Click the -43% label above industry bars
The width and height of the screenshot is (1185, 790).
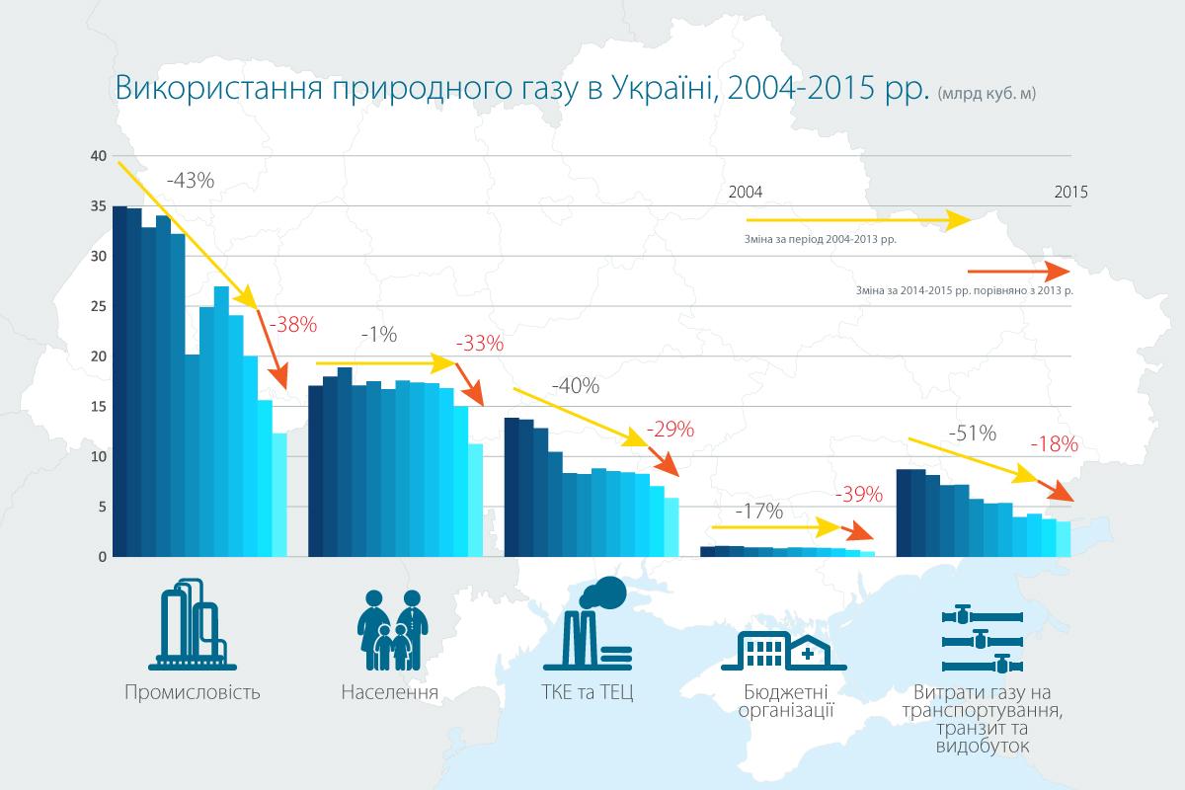pos(190,181)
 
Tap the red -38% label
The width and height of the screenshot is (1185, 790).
pos(293,323)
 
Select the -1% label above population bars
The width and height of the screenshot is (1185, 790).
pos(378,335)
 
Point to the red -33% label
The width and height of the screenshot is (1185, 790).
pos(480,345)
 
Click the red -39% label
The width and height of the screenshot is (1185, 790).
pos(858,495)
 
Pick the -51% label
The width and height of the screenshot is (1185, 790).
pos(972,434)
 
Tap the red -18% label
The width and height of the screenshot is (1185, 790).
pos(1054,445)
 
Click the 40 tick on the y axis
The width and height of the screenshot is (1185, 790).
pos(96,156)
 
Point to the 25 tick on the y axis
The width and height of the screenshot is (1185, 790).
pos(96,307)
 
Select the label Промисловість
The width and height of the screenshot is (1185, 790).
pos(193,691)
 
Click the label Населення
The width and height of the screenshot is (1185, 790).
pos(389,691)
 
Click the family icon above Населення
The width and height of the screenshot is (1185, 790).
pos(389,628)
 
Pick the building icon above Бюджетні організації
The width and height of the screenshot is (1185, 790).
pos(783,647)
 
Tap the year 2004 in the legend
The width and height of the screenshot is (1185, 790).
pos(746,193)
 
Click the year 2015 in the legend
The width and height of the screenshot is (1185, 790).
pos(1069,193)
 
